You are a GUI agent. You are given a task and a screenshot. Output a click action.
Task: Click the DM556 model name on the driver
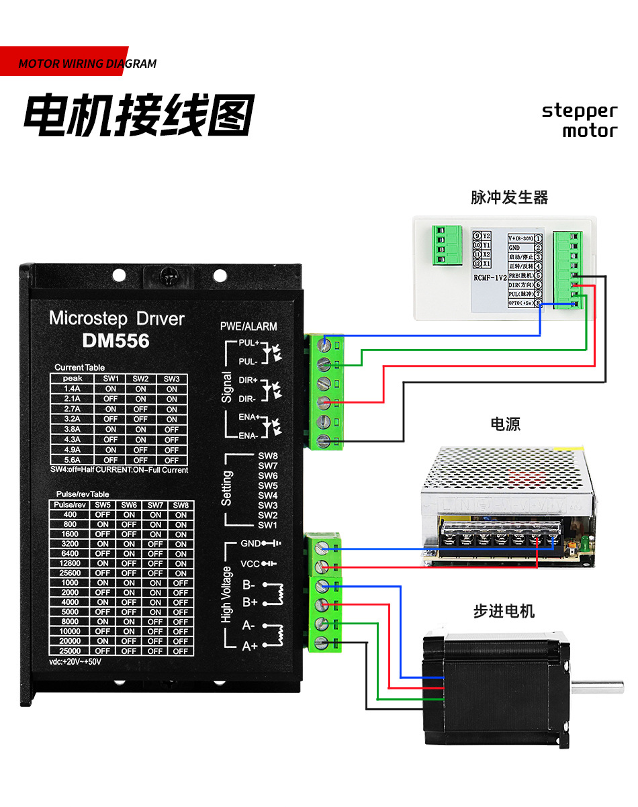116,340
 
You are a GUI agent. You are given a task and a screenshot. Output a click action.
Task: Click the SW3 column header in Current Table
172,379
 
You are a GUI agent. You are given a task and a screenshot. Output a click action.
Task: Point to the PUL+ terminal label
248,342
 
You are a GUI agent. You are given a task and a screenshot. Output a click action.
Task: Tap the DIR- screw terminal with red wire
324,402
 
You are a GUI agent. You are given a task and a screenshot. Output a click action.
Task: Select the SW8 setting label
267,455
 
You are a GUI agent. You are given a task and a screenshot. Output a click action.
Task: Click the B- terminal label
249,584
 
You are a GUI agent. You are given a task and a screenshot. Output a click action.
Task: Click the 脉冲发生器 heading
509,197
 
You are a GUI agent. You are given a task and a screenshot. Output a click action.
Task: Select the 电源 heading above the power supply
505,424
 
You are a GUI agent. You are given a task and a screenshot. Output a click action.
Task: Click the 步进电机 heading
504,611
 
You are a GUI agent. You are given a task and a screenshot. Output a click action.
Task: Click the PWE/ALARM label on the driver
248,326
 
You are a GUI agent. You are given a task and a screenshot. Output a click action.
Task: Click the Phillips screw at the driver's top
170,275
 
